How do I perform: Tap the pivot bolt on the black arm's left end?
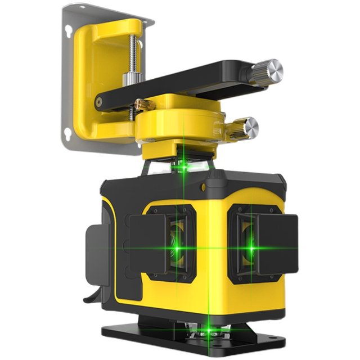click(99, 102)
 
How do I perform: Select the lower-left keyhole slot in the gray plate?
click(68, 133)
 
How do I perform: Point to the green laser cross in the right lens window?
click(251, 247)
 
